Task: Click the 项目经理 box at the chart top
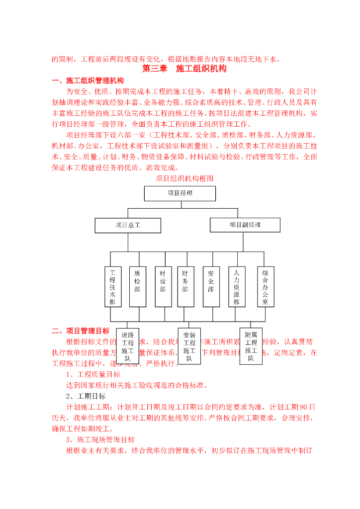coord(180,193)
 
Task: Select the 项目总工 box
coord(128,225)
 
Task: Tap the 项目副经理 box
coord(245,225)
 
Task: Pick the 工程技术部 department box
coord(113,287)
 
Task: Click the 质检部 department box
coord(137,287)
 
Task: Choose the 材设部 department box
coord(163,287)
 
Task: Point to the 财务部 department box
coord(185,287)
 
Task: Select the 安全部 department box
coord(211,287)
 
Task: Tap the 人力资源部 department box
coord(236,287)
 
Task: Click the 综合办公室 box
coord(266,287)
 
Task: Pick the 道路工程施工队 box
coord(128,346)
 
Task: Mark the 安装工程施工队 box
coord(189,346)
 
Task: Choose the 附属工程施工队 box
coord(251,346)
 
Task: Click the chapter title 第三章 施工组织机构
coord(184,69)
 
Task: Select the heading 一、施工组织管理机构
coord(88,81)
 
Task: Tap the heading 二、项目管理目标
coord(81,331)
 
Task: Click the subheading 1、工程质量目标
coord(93,374)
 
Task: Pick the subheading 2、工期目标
coord(86,396)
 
